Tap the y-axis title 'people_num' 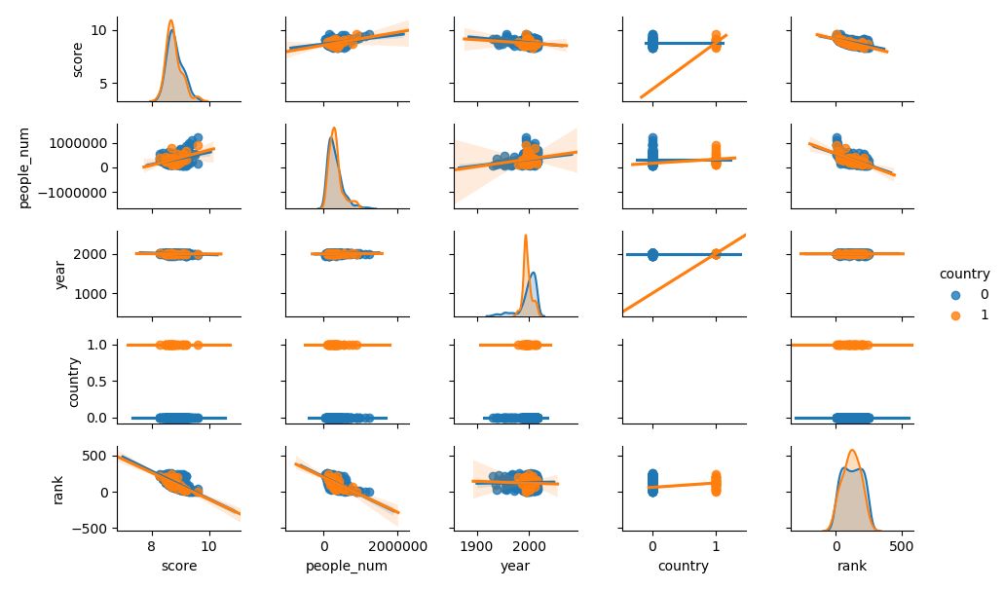click(x=26, y=166)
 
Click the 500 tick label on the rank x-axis click(x=902, y=547)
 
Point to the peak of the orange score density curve click(x=170, y=20)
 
